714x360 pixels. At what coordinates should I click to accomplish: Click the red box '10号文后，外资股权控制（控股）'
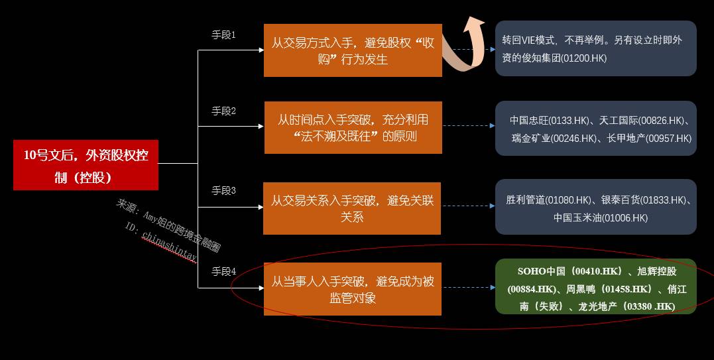(x=86, y=165)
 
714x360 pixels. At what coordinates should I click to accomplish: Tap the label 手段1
(x=224, y=34)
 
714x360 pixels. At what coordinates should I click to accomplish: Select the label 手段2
(x=224, y=111)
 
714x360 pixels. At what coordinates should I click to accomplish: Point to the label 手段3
(x=224, y=190)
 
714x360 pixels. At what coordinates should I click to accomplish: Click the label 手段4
(x=224, y=271)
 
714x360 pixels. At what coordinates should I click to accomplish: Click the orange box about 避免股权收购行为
(x=353, y=50)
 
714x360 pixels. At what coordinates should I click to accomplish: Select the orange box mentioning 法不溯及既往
(x=353, y=127)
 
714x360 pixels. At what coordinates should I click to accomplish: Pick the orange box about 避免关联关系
(x=352, y=208)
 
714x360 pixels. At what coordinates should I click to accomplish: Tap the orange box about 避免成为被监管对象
(x=353, y=289)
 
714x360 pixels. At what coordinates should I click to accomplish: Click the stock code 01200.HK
(x=583, y=58)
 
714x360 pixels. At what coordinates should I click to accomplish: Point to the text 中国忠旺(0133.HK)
(x=549, y=121)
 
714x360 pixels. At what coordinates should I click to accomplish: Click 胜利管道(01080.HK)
(x=548, y=200)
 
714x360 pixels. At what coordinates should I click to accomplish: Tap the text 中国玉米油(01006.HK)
(x=601, y=217)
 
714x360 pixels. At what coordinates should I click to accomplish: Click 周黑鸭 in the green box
(x=583, y=289)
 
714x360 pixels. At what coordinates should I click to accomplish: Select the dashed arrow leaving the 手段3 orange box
(x=468, y=206)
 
